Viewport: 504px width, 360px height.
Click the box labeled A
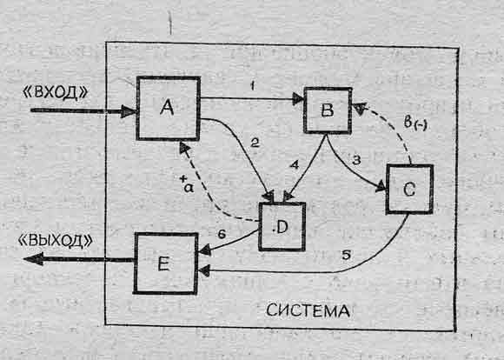(x=169, y=108)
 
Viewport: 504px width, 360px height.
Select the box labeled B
(x=328, y=110)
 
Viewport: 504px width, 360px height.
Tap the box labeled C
(x=409, y=190)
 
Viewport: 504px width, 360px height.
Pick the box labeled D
(x=282, y=226)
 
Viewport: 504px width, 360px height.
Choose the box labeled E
(x=165, y=263)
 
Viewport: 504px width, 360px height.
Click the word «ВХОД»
(x=56, y=93)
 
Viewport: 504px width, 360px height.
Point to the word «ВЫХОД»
(x=56, y=241)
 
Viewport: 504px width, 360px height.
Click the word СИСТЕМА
(x=308, y=310)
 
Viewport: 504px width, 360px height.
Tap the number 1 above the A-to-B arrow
(x=253, y=86)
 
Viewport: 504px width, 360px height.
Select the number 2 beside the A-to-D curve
(x=255, y=143)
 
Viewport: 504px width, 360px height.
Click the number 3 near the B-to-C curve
(x=356, y=160)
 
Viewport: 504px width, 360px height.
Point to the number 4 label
(x=294, y=165)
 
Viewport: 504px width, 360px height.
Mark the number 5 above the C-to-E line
(x=346, y=255)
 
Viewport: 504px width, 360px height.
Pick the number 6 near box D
(x=222, y=234)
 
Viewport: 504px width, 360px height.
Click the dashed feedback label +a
(x=188, y=184)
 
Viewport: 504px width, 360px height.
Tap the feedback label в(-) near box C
(x=415, y=123)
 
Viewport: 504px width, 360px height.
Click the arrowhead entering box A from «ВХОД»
(x=129, y=111)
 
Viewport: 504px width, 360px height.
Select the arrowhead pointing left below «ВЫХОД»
(x=33, y=259)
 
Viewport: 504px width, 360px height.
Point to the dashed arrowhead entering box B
(x=360, y=108)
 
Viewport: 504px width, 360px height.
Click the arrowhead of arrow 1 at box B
(x=298, y=99)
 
